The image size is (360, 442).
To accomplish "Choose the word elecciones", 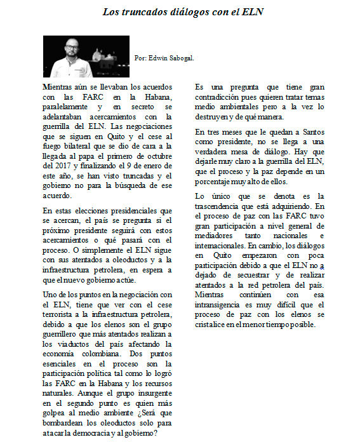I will (x=88, y=210).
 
